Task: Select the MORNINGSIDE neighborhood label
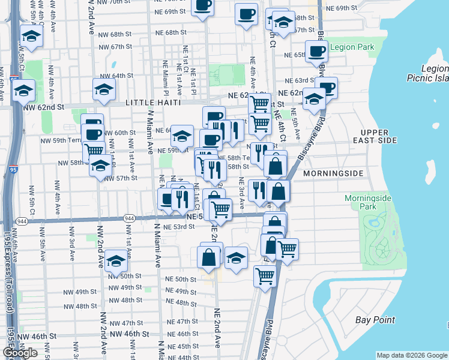333,173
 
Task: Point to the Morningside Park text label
368,203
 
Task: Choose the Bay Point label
375,320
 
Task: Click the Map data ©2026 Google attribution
411,355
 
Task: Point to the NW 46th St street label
44,335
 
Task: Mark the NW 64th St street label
116,76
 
